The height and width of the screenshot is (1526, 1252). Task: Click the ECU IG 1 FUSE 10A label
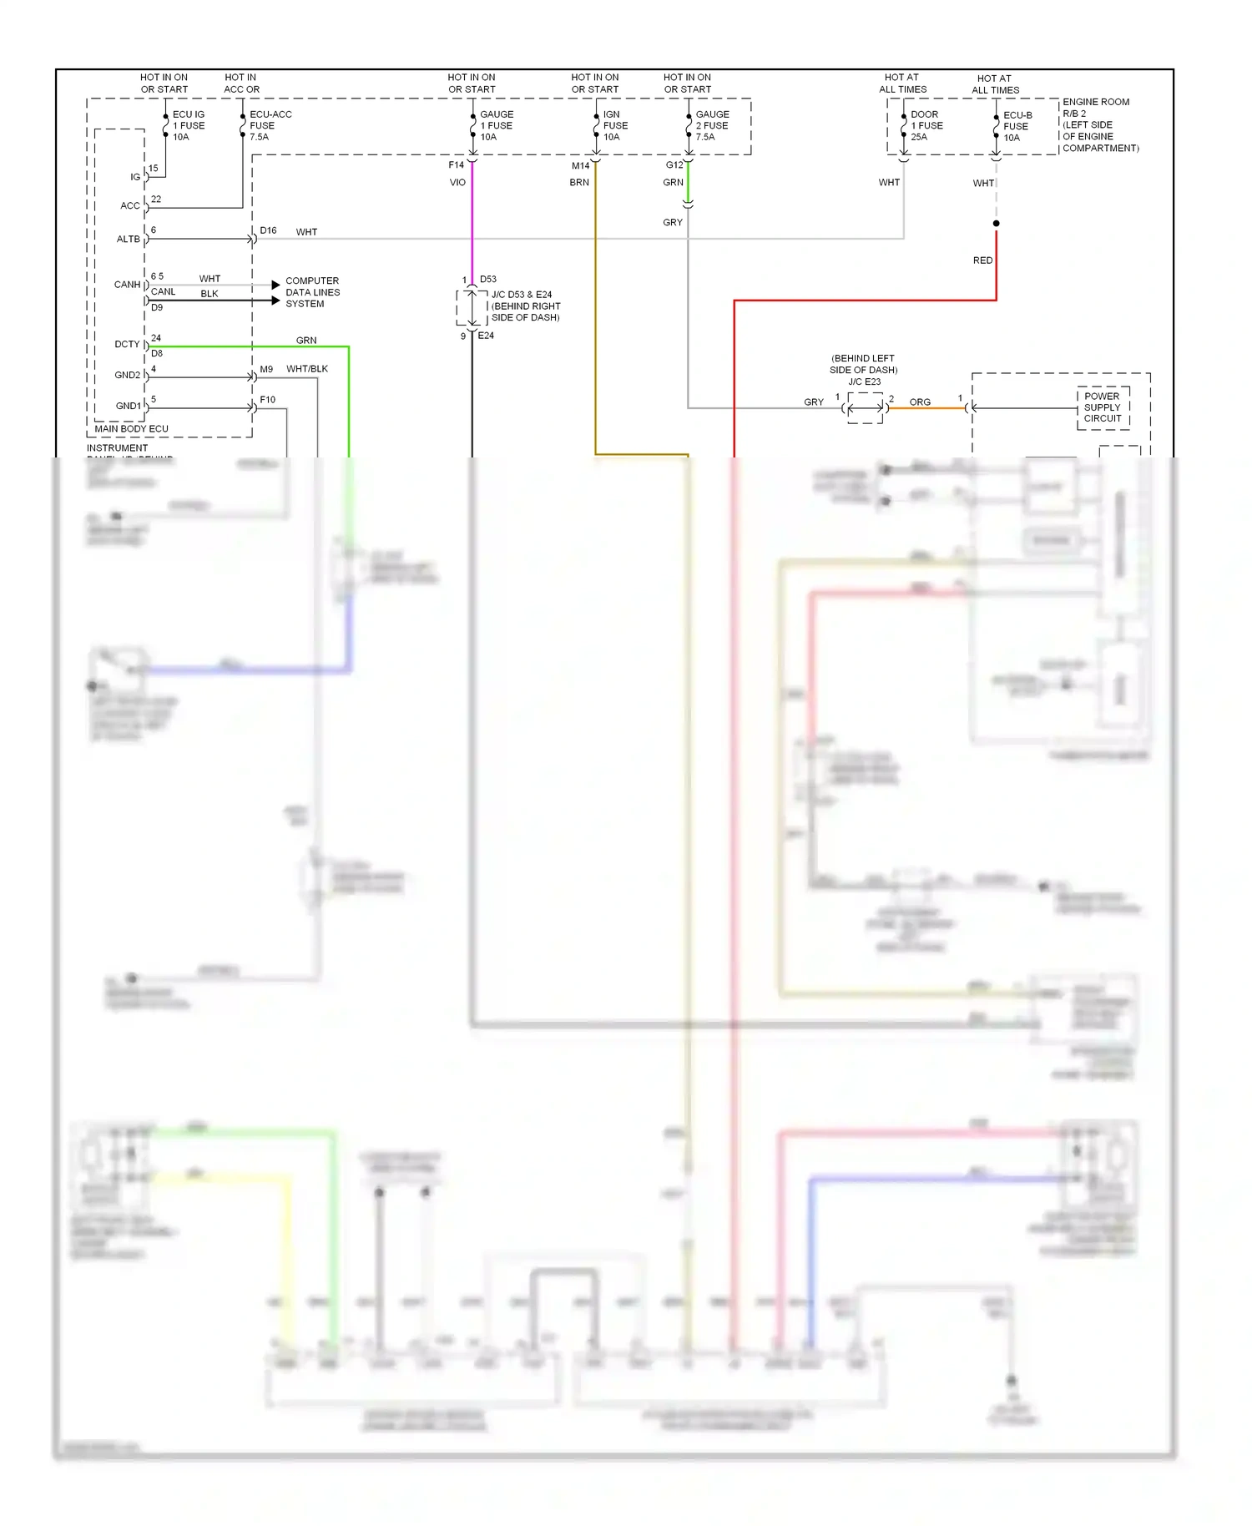188,125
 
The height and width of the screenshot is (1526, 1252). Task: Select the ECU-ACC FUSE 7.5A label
270,125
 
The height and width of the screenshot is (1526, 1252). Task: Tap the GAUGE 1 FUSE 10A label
496,125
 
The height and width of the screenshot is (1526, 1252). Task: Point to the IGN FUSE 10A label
615,125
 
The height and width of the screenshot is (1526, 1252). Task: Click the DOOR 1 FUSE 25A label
926,125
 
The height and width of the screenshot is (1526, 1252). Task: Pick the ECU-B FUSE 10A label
1017,126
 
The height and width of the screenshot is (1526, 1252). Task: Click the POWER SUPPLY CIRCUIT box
1103,407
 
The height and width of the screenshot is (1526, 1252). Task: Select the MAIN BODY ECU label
131,428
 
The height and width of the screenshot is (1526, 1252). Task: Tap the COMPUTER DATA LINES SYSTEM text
312,292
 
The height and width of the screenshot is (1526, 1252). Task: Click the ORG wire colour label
920,402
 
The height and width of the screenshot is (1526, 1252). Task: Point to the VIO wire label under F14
457,182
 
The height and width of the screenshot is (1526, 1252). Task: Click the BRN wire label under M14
579,182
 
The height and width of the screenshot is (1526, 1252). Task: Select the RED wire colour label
982,260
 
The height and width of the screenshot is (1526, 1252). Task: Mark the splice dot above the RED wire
996,223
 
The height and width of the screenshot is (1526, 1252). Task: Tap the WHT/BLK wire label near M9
306,368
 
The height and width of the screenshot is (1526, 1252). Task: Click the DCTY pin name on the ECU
127,344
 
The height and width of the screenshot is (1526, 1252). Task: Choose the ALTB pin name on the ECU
128,239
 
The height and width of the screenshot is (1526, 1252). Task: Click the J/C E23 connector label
864,381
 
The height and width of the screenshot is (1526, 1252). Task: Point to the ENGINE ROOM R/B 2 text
1095,108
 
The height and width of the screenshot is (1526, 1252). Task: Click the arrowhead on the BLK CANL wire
275,301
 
